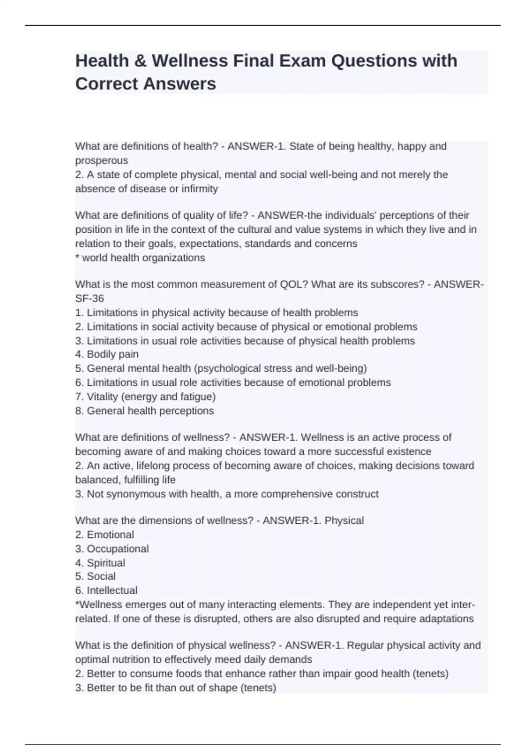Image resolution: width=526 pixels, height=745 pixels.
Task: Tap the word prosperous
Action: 102,160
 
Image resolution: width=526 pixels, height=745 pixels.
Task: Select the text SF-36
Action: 89,298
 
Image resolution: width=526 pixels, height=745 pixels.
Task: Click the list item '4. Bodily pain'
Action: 107,354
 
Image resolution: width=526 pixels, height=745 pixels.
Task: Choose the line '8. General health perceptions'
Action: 145,411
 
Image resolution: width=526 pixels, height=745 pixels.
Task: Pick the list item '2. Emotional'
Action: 105,535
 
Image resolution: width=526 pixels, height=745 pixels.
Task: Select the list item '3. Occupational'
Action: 112,549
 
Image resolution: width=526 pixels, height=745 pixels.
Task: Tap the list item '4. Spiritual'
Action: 100,563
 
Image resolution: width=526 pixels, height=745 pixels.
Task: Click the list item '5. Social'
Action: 96,576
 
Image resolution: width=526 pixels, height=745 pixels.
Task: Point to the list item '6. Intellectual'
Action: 107,590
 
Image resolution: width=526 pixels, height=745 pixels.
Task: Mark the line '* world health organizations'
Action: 140,258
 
